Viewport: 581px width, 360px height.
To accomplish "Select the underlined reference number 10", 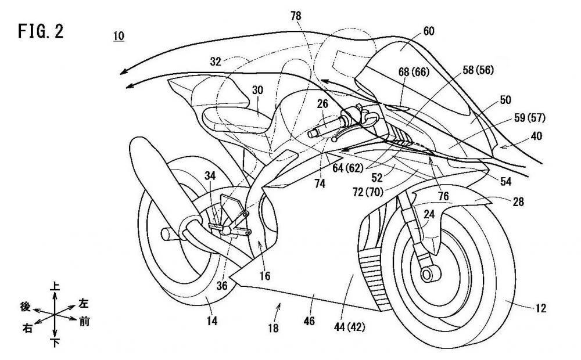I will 119,36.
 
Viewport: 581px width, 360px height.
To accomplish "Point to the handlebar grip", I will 320,131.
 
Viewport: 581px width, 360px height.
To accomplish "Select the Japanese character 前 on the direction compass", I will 85,321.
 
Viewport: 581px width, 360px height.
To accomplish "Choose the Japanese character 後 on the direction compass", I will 25,308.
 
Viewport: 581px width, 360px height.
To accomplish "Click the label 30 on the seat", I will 258,91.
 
